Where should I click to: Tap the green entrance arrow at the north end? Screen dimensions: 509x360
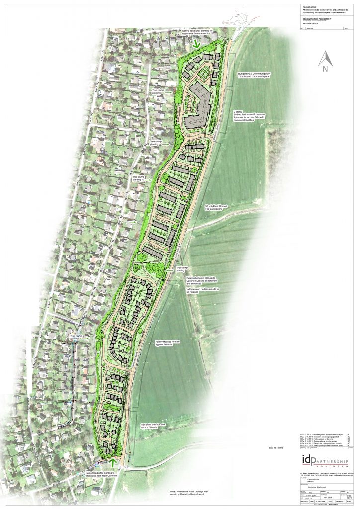click(197, 44)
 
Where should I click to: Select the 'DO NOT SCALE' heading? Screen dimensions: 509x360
click(309, 7)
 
